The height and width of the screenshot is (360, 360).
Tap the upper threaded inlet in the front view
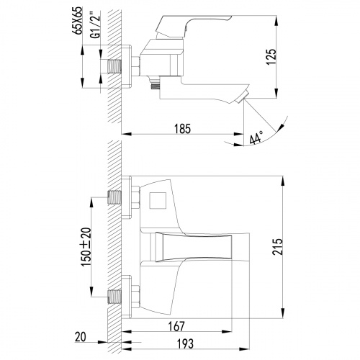point(114,197)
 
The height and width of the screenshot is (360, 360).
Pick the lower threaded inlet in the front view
point(114,294)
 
